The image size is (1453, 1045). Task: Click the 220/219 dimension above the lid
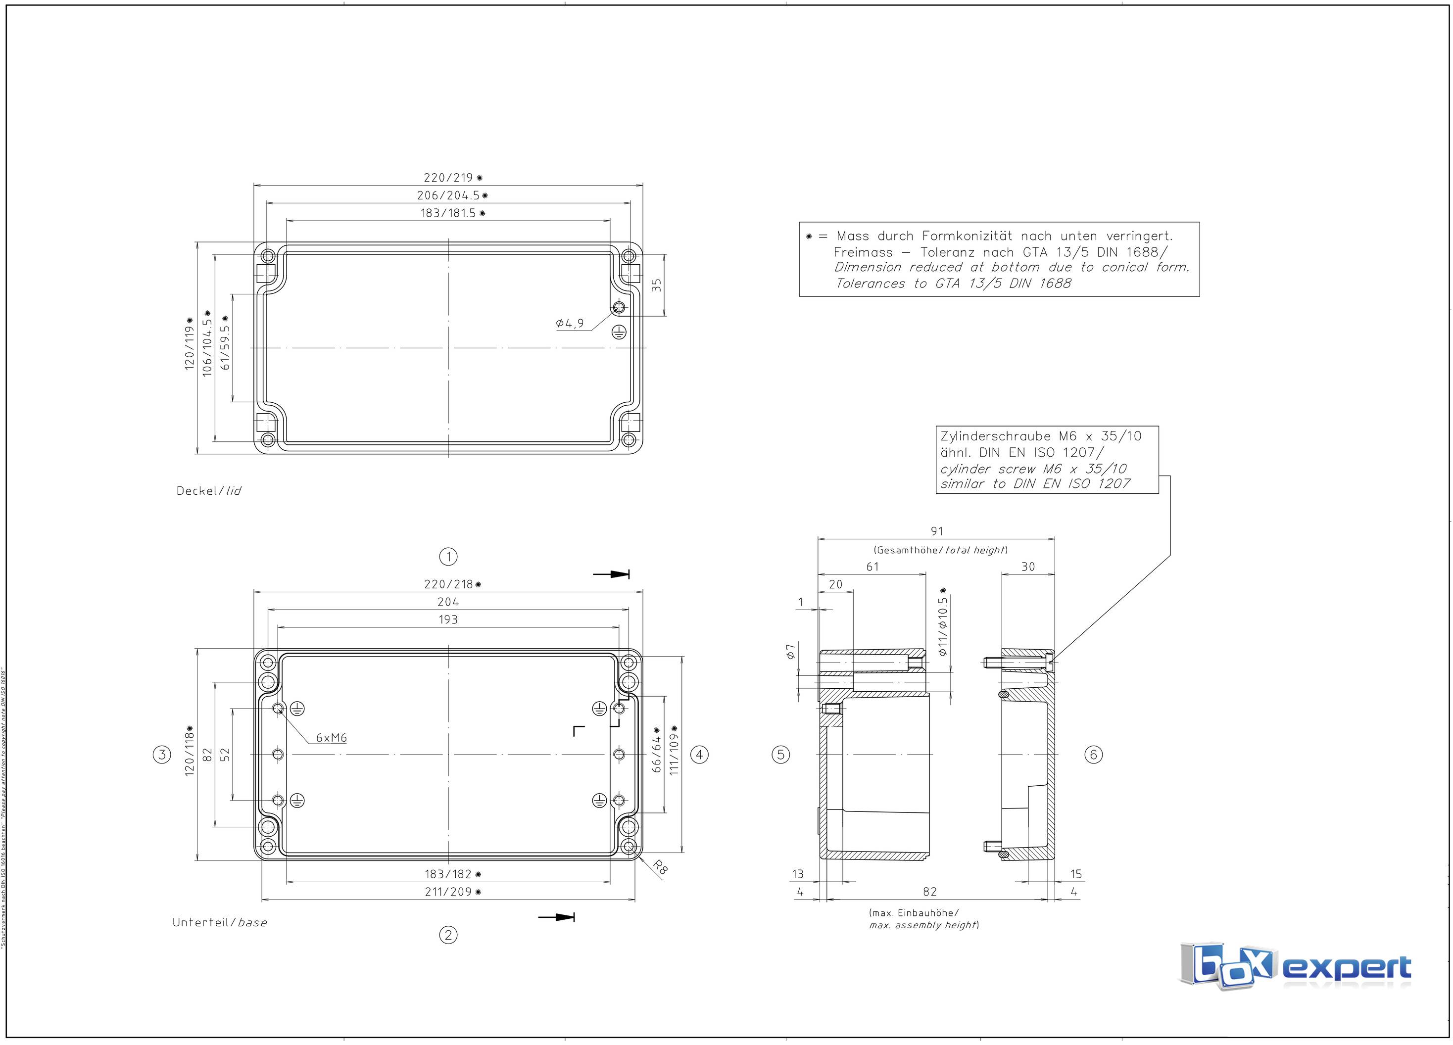click(452, 178)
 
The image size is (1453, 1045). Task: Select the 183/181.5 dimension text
click(452, 213)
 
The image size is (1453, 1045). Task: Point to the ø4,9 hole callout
click(570, 324)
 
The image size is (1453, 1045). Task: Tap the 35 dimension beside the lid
click(656, 285)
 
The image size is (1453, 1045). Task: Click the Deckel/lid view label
click(209, 491)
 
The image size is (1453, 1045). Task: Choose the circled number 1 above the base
click(448, 557)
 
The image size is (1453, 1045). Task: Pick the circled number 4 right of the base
click(699, 755)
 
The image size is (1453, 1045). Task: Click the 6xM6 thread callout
click(331, 738)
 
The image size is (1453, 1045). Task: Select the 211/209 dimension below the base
click(452, 892)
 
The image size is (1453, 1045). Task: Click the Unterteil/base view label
click(219, 923)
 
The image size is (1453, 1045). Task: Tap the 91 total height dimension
click(937, 531)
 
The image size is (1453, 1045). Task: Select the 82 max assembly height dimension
click(929, 892)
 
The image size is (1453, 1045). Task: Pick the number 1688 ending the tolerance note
click(1054, 284)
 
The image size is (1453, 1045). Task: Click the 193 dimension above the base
click(448, 619)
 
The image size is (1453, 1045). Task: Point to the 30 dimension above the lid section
click(1027, 567)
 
